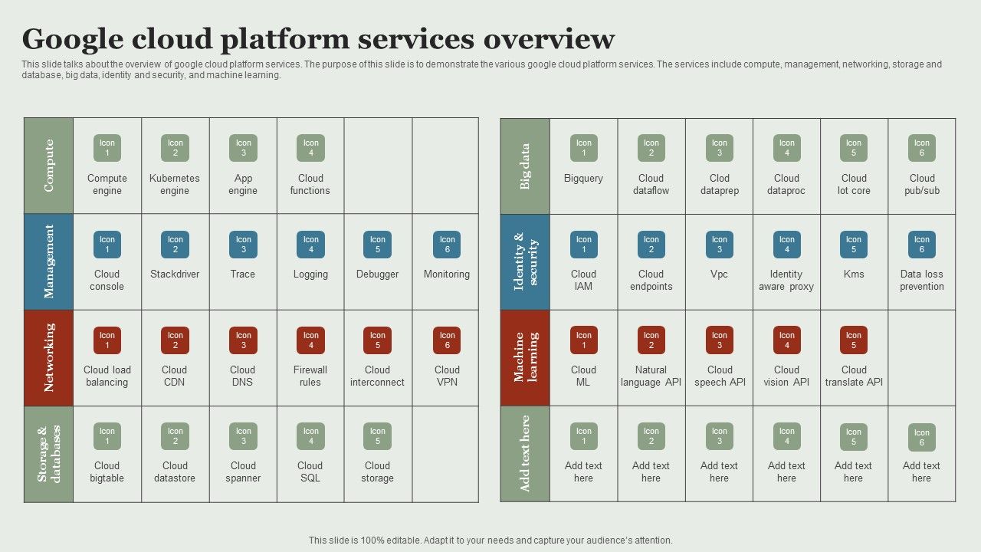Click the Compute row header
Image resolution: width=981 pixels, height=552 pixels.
(x=49, y=166)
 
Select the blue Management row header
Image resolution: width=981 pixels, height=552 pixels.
(x=49, y=261)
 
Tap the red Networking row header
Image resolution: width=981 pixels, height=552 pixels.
(x=49, y=357)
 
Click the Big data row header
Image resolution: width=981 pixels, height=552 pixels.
(x=525, y=166)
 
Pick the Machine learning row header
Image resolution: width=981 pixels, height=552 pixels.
(x=525, y=357)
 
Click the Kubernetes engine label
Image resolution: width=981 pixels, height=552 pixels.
(x=175, y=185)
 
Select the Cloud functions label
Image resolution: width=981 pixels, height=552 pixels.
(x=310, y=185)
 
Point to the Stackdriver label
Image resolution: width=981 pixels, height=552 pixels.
(x=175, y=274)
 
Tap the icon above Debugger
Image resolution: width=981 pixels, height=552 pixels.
(x=378, y=245)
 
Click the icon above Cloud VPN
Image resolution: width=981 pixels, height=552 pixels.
(x=447, y=340)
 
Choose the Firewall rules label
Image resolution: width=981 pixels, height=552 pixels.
(x=310, y=376)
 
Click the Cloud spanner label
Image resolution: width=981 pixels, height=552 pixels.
(x=243, y=472)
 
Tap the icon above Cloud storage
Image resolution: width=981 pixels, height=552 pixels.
(x=378, y=436)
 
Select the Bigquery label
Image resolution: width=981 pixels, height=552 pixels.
(x=583, y=179)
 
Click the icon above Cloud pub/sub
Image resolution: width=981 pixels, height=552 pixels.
(x=921, y=148)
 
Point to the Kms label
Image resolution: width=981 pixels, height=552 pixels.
(x=854, y=274)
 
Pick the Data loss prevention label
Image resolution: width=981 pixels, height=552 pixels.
(x=922, y=281)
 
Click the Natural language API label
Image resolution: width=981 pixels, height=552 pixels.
(x=651, y=376)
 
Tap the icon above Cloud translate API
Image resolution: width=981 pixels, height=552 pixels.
(x=854, y=340)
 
